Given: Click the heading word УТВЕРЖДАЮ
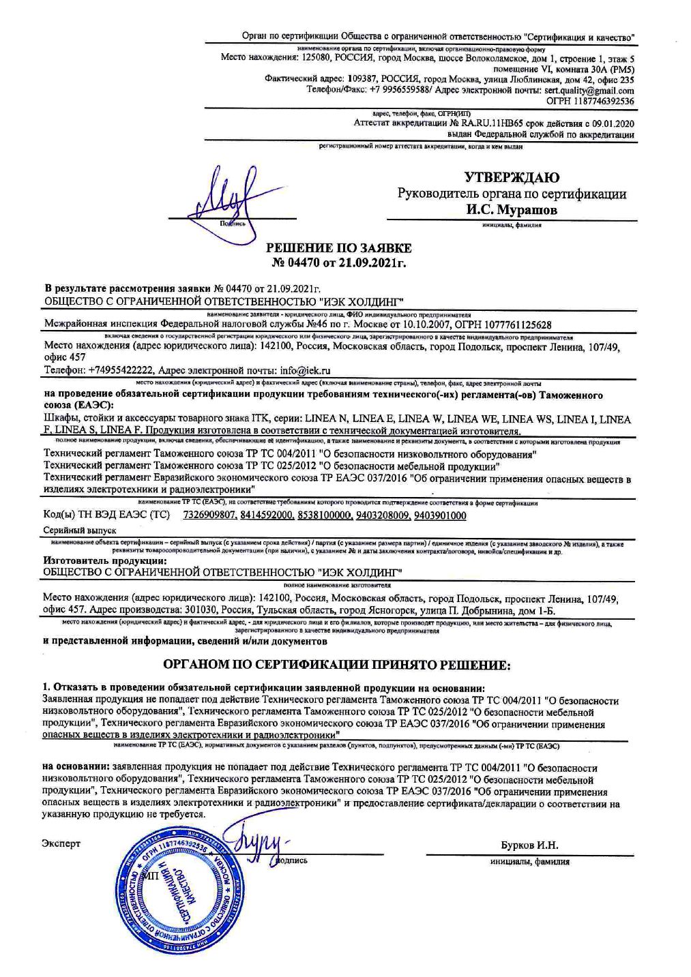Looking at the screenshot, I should (512, 178).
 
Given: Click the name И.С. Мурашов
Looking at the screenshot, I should (512, 210).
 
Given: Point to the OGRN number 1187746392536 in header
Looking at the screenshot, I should (601, 101).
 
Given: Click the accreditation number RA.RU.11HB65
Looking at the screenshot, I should (497, 123).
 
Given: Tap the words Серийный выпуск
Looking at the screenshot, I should (80, 530).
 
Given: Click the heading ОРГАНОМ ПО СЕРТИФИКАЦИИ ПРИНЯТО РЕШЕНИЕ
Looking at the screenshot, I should (336, 664).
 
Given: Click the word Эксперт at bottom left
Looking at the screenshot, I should (61, 844).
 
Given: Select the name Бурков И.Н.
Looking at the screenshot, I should (529, 845).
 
